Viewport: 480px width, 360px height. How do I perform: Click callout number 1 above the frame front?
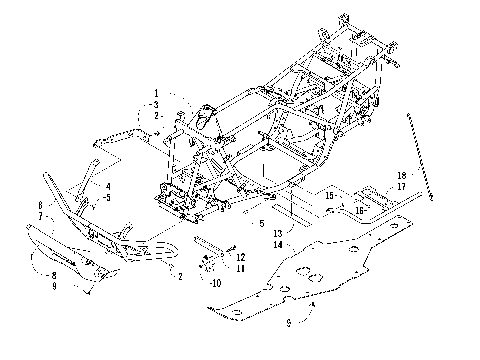click(x=157, y=92)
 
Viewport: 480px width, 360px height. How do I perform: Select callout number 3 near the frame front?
click(x=157, y=104)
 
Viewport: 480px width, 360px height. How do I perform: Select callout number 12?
click(x=240, y=258)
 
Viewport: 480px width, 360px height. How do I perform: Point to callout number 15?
click(x=328, y=197)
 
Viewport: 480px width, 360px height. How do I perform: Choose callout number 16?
click(x=359, y=211)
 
